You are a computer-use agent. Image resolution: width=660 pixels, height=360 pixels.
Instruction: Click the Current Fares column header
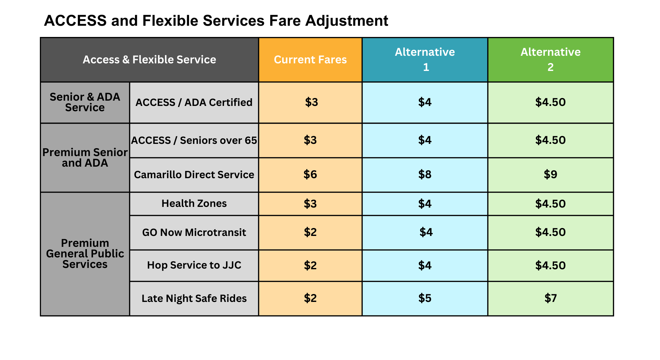click(x=310, y=60)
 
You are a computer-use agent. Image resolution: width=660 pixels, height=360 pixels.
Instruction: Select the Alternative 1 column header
click(x=425, y=60)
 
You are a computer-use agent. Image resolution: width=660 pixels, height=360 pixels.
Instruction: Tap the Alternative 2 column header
click(x=550, y=60)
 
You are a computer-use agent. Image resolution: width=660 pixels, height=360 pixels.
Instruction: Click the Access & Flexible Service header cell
click(x=149, y=60)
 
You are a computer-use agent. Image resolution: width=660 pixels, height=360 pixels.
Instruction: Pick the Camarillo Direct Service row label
click(x=194, y=175)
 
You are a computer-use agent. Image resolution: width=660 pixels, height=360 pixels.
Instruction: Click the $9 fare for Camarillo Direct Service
click(x=550, y=175)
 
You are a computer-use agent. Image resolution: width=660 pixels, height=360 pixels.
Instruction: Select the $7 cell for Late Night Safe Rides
click(x=550, y=298)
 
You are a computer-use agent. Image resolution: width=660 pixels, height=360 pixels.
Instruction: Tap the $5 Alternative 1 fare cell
click(x=425, y=298)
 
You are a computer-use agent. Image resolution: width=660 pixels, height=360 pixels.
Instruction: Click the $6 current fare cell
click(x=310, y=175)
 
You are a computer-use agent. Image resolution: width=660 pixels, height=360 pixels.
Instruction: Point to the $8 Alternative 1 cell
click(x=425, y=175)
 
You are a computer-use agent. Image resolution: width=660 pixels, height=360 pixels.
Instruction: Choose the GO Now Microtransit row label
click(x=194, y=232)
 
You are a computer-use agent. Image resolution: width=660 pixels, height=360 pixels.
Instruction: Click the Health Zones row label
click(x=194, y=204)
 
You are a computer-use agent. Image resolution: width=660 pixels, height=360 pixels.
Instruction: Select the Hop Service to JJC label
click(x=194, y=265)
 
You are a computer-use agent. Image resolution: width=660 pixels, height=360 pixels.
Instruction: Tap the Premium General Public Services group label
click(x=85, y=253)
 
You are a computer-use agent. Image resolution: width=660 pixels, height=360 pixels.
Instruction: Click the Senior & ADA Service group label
click(x=85, y=102)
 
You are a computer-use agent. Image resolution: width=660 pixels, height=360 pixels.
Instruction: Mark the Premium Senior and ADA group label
click(x=85, y=157)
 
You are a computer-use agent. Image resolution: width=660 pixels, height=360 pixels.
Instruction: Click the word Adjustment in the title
click(x=346, y=21)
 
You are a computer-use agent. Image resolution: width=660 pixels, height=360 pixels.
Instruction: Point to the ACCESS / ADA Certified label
click(x=194, y=102)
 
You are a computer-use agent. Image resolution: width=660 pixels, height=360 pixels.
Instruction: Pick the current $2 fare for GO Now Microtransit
click(x=310, y=232)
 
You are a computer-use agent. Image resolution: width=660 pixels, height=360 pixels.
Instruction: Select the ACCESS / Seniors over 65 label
click(x=194, y=140)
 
